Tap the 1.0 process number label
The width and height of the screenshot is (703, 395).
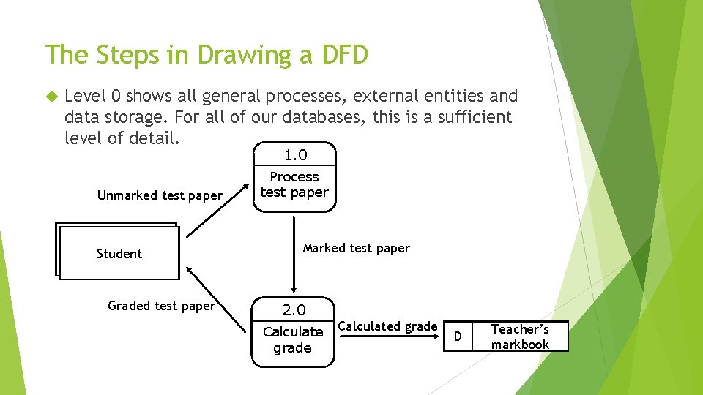click(x=295, y=155)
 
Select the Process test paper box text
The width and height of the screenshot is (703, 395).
click(x=294, y=185)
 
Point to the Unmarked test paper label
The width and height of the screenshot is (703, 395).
click(x=160, y=195)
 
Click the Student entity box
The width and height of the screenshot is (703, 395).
click(x=119, y=253)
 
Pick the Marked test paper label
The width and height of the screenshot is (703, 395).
click(x=357, y=248)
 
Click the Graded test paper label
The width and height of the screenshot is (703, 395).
click(x=161, y=306)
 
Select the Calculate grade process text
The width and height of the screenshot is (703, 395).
click(x=293, y=339)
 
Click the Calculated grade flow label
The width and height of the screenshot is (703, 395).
click(x=388, y=326)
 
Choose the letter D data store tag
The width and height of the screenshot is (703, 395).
click(x=458, y=337)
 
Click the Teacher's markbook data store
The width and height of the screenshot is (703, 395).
click(x=520, y=337)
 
